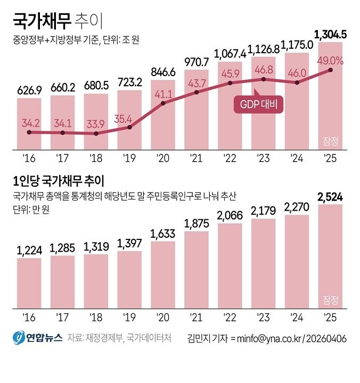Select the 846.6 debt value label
[163, 72]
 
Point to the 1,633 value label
[163, 232]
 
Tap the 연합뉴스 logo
[37, 338]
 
